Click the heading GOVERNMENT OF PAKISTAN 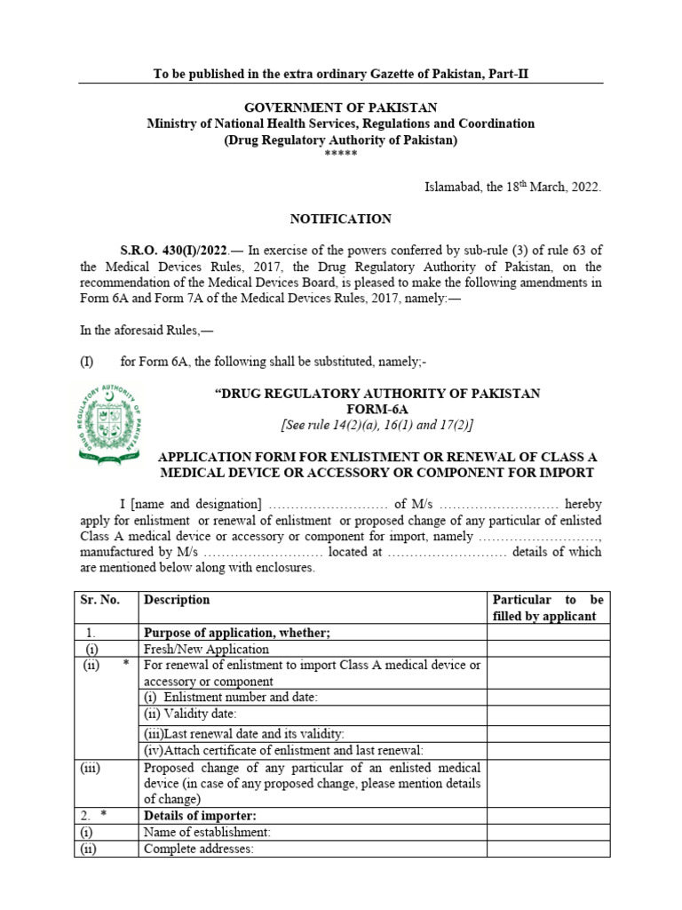341,108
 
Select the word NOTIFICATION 341,219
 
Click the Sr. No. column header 102,600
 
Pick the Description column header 177,600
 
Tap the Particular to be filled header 547,608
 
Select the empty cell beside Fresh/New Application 547,650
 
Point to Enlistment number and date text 230,698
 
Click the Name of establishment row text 207,832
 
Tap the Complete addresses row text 199,849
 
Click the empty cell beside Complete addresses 547,849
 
